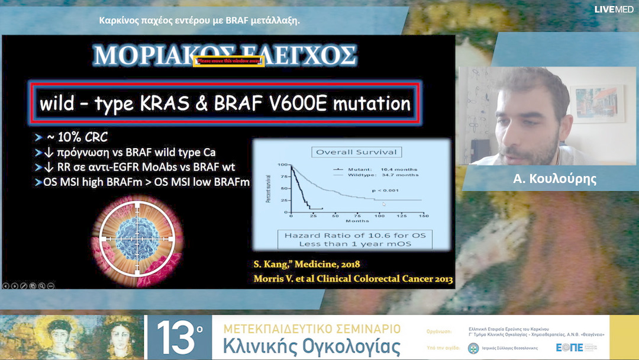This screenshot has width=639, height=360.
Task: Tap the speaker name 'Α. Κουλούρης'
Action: (x=554, y=179)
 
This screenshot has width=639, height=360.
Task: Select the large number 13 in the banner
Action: (x=177, y=338)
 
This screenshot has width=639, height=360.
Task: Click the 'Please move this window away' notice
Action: (x=228, y=60)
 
